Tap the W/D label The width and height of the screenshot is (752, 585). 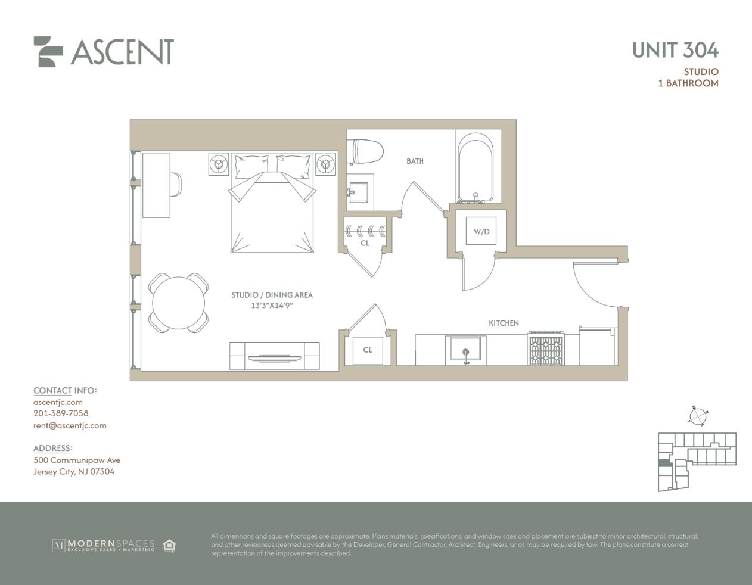pos(481,232)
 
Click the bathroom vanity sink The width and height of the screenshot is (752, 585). pos(359,192)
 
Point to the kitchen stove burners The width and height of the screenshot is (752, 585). pos(546,350)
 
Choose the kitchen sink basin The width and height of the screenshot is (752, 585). pos(465,348)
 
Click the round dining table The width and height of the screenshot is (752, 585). pos(179,303)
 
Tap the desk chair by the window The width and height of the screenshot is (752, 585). pos(176,185)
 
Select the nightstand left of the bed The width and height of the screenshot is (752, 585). pos(219,163)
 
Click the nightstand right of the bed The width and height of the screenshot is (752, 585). pos(325,163)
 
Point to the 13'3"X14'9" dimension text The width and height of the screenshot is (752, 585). pos(272,306)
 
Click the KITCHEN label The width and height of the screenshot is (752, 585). pos(504,323)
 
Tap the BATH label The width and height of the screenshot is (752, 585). pos(415,161)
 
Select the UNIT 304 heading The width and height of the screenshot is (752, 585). pos(675,51)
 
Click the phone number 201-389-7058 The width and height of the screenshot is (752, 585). pos(61,413)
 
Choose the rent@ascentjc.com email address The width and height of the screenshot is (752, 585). pos(70,425)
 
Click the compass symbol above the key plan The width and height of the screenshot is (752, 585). pos(698,416)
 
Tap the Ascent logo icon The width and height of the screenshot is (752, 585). pos(48,52)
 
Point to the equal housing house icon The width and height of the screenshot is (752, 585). pos(169,545)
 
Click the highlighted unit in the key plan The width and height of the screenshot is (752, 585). pos(664,463)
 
